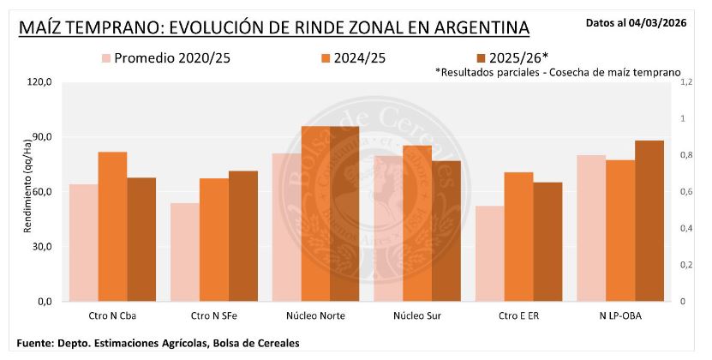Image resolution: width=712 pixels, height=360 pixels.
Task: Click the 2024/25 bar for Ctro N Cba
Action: coord(112,226)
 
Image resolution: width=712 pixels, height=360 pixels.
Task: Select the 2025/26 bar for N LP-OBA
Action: coord(649,220)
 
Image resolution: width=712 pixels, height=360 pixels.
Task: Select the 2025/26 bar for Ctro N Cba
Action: coord(141,239)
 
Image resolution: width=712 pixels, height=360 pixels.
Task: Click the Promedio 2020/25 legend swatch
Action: coord(107,58)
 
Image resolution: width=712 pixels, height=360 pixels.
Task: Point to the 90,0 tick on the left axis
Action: coord(40,137)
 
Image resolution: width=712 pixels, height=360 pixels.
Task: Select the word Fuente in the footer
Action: coord(37,344)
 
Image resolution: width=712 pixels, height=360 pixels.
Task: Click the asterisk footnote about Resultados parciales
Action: coord(557,74)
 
